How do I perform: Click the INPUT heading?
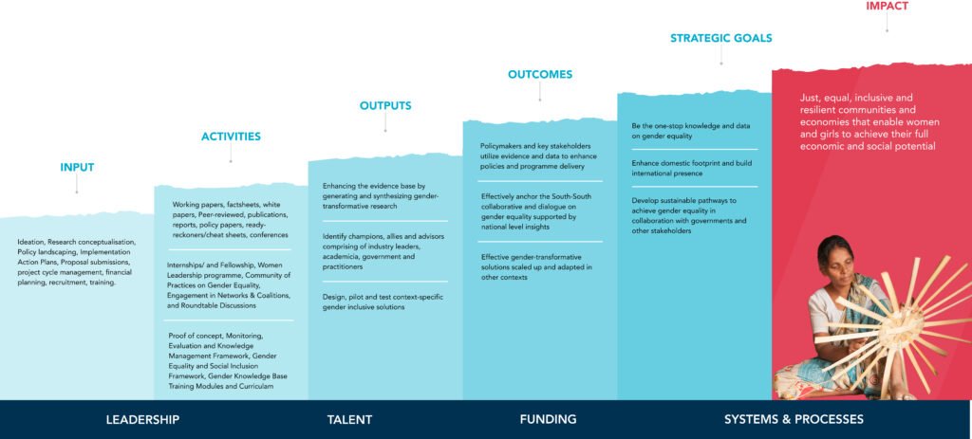click(77, 167)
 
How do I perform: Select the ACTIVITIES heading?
click(231, 137)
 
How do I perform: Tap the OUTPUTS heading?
click(385, 106)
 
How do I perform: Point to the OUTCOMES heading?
click(540, 74)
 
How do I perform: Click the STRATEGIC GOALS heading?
click(721, 38)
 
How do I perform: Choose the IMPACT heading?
click(888, 7)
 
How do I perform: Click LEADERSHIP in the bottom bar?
click(142, 420)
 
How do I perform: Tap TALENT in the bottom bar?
click(349, 420)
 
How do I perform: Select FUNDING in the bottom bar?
click(548, 420)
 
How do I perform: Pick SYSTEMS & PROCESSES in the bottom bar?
click(794, 420)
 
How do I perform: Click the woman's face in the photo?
click(832, 263)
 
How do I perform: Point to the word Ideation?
click(30, 242)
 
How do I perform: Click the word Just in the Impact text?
click(808, 98)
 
